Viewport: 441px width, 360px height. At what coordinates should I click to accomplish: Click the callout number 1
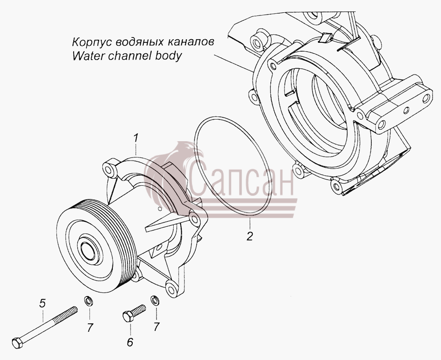[x=136, y=138]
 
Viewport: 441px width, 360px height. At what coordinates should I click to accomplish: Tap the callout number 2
[x=250, y=236]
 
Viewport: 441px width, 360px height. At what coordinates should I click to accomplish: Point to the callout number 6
[x=130, y=342]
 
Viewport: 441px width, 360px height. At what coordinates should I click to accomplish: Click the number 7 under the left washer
[x=90, y=327]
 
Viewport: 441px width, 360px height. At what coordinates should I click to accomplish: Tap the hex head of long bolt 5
[x=17, y=343]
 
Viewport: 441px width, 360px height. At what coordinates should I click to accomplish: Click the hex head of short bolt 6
[x=128, y=316]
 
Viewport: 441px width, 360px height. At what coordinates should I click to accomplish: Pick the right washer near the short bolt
[x=155, y=300]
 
